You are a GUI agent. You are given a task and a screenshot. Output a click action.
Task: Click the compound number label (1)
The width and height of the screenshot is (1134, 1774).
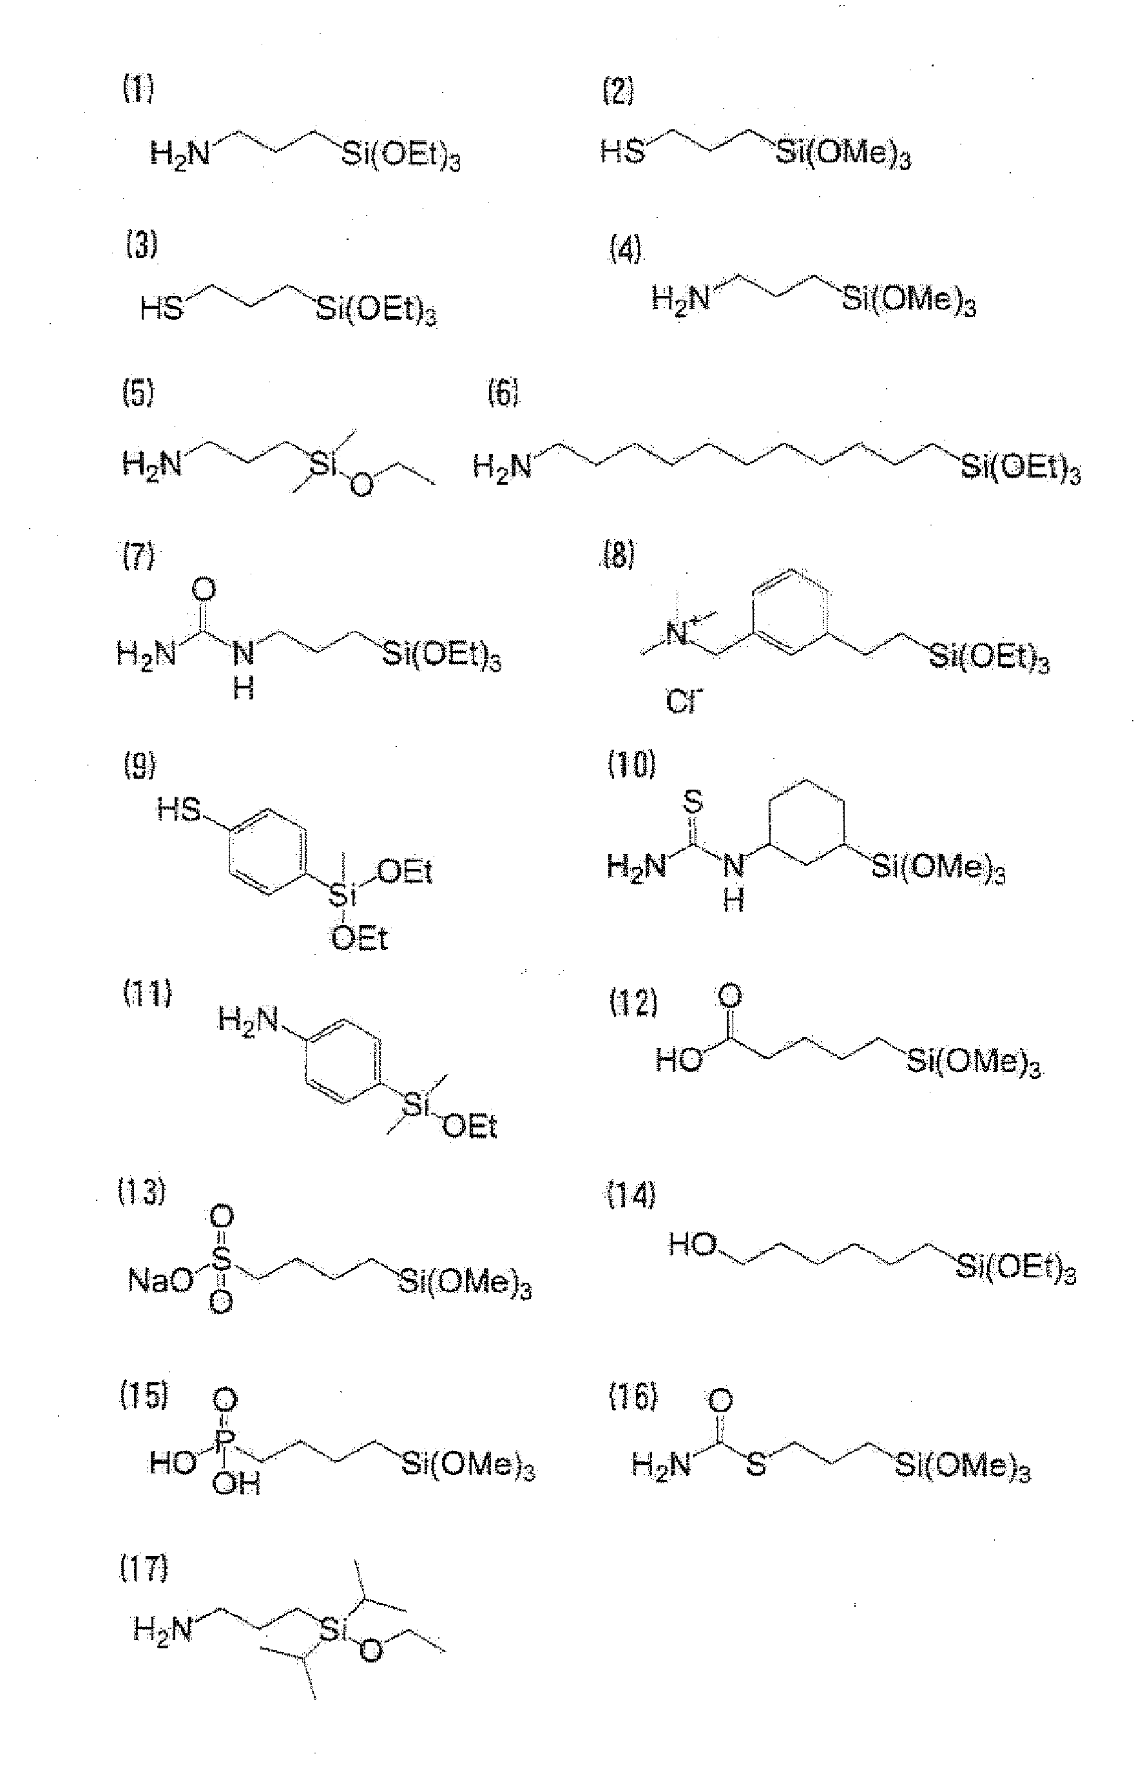(138, 89)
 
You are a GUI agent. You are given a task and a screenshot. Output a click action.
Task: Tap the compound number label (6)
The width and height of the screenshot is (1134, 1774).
(504, 393)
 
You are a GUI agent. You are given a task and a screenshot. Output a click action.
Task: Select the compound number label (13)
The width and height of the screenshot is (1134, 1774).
(142, 1191)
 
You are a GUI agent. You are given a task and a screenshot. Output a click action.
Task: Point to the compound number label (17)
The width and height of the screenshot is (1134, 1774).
(144, 1568)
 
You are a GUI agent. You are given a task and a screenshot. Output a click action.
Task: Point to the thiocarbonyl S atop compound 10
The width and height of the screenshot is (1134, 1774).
(694, 801)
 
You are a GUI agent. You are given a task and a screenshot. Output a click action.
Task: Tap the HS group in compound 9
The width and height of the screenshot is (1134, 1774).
(178, 811)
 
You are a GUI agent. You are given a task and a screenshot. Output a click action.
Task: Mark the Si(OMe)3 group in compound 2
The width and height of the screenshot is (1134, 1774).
(844, 154)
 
